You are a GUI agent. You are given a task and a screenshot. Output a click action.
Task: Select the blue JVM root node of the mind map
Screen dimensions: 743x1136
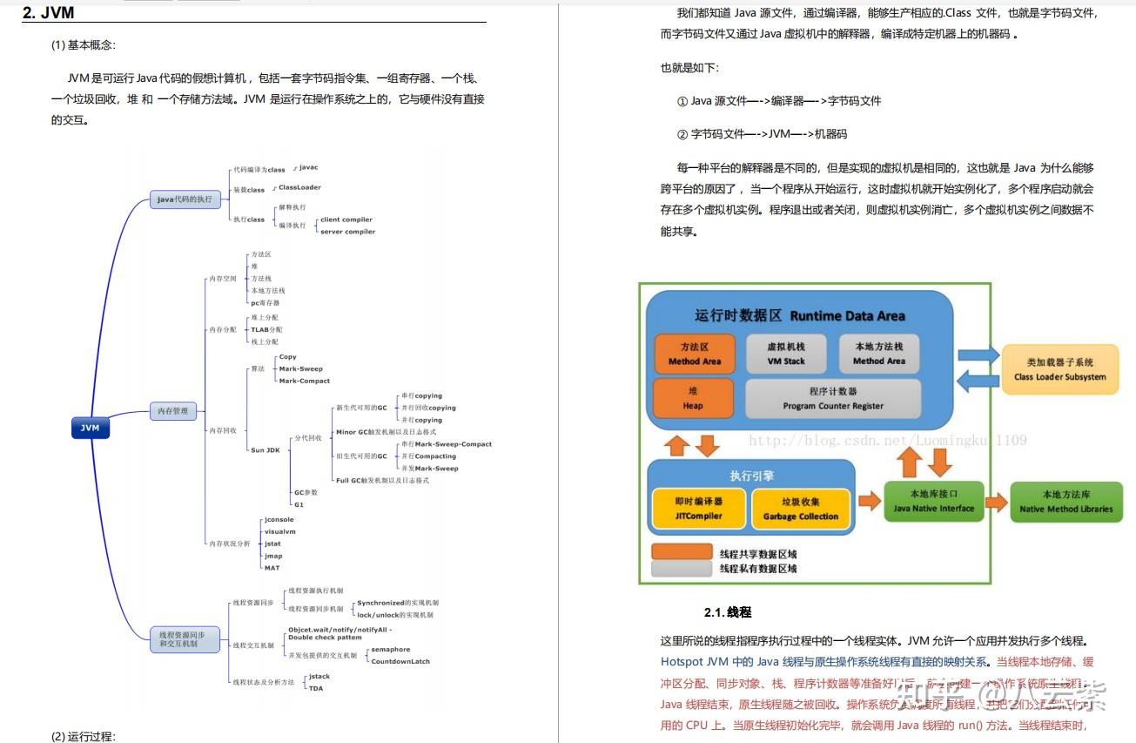tap(90, 429)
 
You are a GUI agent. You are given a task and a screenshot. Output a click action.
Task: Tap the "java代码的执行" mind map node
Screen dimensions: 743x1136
tap(184, 199)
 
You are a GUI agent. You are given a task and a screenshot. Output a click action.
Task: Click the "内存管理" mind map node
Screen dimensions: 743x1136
tap(172, 411)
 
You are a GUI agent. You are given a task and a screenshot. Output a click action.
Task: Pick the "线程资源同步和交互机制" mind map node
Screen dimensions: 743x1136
tap(183, 639)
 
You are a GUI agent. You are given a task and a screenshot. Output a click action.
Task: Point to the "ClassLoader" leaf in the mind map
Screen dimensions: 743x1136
tap(299, 187)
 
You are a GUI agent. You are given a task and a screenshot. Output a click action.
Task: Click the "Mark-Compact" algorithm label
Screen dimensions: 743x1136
tap(304, 381)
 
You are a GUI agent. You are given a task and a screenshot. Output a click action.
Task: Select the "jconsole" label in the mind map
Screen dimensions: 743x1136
tap(279, 520)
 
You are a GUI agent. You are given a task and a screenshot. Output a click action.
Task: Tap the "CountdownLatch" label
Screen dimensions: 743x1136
tap(400, 661)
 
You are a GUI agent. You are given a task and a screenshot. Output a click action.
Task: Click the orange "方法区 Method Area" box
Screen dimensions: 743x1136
tap(695, 354)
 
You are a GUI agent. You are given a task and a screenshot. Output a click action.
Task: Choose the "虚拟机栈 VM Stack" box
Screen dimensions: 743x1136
tap(786, 354)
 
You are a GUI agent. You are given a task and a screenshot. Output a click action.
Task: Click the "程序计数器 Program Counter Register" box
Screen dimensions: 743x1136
tap(832, 399)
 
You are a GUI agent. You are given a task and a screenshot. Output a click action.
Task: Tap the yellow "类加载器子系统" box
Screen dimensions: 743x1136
tap(1059, 369)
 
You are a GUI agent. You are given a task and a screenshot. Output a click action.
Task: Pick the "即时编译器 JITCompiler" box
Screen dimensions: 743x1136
tap(698, 509)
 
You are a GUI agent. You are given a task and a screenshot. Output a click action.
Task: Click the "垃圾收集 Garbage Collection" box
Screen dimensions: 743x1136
tap(800, 509)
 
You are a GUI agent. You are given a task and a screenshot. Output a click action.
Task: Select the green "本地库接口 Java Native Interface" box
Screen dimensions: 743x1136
tap(933, 502)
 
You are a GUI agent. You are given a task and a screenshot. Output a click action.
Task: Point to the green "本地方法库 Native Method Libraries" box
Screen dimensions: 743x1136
tap(1065, 502)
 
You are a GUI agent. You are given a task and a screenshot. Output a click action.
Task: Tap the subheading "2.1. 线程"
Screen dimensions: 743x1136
tap(727, 612)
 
